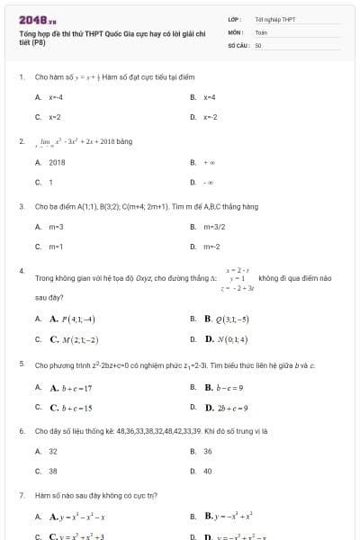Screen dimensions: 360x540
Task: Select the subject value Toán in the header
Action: click(x=261, y=31)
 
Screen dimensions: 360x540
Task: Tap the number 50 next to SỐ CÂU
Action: click(x=258, y=44)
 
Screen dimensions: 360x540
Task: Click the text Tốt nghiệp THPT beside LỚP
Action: click(x=275, y=19)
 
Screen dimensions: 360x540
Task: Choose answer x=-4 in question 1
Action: click(x=56, y=96)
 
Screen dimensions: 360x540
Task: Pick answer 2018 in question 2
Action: click(x=57, y=163)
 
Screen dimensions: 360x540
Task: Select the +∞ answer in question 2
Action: click(x=209, y=163)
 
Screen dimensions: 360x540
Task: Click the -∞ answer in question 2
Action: click(x=209, y=183)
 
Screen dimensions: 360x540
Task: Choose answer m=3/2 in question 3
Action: click(x=213, y=227)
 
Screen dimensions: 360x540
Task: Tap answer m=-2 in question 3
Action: click(x=211, y=247)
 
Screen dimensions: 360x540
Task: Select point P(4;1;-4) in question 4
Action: click(x=73, y=319)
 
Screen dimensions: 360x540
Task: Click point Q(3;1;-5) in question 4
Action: click(x=226, y=319)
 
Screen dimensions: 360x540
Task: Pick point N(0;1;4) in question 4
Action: click(x=226, y=339)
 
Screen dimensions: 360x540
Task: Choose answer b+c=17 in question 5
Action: click(x=72, y=387)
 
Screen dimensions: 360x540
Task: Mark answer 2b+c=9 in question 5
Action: click(x=226, y=408)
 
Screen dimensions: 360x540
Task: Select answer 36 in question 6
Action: click(x=208, y=451)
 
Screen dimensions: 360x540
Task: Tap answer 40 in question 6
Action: click(x=208, y=471)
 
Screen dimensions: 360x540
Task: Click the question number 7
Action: click(x=21, y=495)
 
